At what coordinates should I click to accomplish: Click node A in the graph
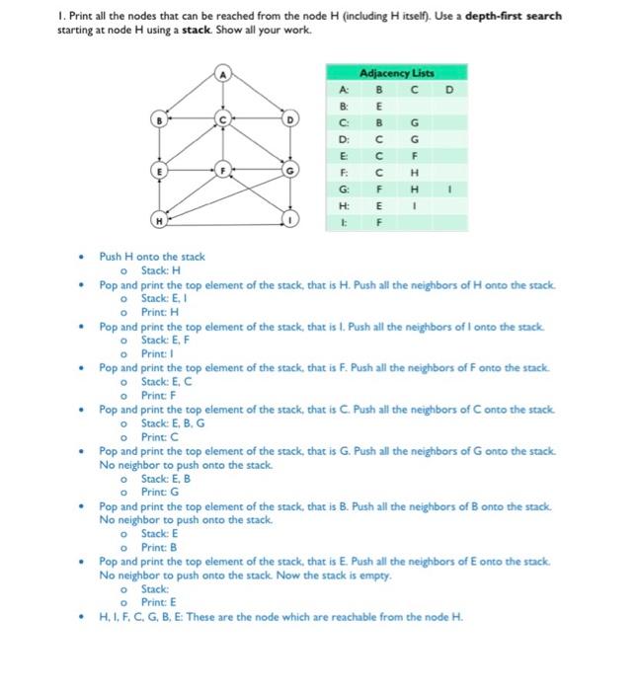pos(224,72)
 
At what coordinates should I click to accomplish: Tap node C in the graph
pos(224,120)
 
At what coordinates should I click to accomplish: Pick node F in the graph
pos(224,170)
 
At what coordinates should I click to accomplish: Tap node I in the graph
pos(291,219)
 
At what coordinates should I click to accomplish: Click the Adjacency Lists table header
pos(397,73)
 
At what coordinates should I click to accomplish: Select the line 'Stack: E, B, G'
pos(173,422)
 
